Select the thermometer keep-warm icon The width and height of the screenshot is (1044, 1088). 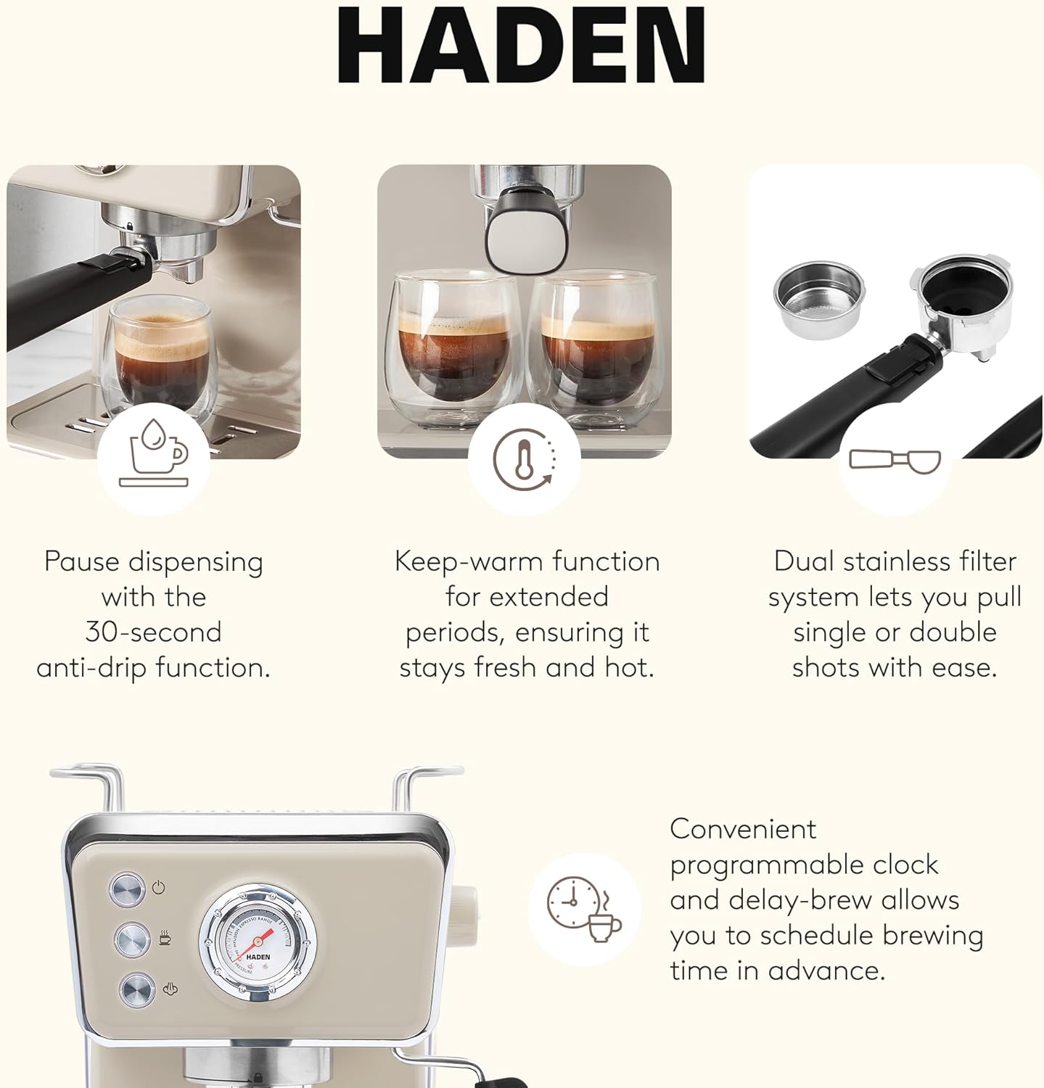point(525,458)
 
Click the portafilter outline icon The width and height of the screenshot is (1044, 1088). point(895,461)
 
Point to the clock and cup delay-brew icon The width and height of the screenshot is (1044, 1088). point(584,909)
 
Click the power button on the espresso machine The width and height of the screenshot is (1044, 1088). point(128,890)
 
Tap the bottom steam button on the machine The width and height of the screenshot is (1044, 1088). point(137,990)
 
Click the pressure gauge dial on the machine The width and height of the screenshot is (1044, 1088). point(258,943)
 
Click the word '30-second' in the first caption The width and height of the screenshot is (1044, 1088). point(153,632)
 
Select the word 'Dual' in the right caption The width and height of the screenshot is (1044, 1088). point(801,561)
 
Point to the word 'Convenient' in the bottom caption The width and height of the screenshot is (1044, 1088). point(743,829)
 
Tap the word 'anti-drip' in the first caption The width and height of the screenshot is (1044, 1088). point(91,667)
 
